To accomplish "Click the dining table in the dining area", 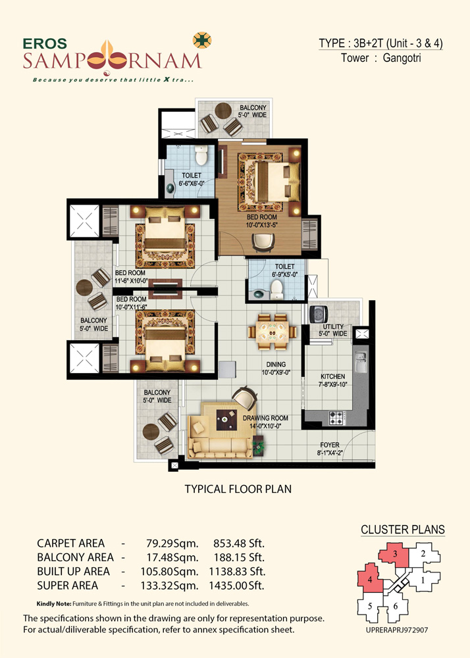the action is pos(273,332).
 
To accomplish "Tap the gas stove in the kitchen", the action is pos(336,418).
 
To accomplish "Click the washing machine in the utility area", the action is pos(319,314).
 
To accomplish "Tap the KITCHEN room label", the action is pos(333,376).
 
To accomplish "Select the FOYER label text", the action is pos(330,445).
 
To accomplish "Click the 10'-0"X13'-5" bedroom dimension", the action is pos(262,225).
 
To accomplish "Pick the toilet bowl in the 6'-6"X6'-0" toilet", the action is pos(201,156).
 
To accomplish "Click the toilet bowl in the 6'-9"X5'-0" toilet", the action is pos(276,290).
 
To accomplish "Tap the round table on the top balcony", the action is pos(223,111).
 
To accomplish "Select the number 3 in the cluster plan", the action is pos(395,554).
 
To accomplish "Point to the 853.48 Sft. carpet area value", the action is pos(239,544).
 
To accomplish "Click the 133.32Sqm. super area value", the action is pos(170,586).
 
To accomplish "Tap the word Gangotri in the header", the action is pos(402,58).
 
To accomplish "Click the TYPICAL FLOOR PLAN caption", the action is pos(238,489).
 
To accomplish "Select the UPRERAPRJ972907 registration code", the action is pos(397,630).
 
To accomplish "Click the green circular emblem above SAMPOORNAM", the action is pos(202,40).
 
